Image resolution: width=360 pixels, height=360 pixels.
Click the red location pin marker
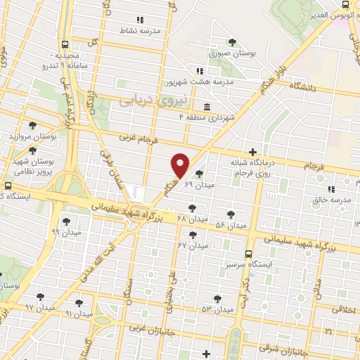(181, 166)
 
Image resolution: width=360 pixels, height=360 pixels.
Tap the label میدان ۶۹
(198, 184)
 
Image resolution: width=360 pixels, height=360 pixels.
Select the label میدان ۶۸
(192, 219)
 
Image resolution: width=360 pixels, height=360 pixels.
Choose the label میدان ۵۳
(217, 309)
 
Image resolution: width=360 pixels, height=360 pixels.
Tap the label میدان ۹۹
(66, 231)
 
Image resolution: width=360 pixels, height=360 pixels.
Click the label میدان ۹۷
(39, 308)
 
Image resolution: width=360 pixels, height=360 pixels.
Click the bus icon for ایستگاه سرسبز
(248, 255)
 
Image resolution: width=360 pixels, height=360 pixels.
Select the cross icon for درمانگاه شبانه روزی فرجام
(252, 151)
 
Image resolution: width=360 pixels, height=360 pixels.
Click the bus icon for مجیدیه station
(65, 44)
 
